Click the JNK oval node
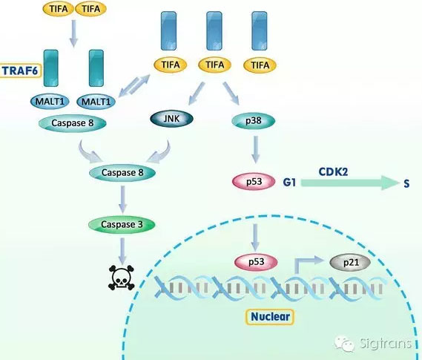click(x=171, y=119)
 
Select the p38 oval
click(x=253, y=121)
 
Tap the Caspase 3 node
click(x=122, y=224)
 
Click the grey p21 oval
click(x=350, y=262)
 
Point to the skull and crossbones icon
click(x=121, y=278)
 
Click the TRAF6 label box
click(x=21, y=71)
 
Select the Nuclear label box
click(x=270, y=317)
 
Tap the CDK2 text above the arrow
click(x=333, y=171)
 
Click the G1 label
click(x=289, y=183)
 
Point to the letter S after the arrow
click(x=406, y=183)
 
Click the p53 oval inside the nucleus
click(x=256, y=262)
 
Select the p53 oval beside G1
click(x=254, y=182)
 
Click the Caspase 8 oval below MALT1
click(x=73, y=123)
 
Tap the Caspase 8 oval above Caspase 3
click(x=122, y=173)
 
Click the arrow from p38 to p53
click(x=256, y=149)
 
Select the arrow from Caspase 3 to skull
click(x=122, y=251)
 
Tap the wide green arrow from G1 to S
click(x=350, y=183)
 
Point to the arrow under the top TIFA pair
click(x=73, y=33)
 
